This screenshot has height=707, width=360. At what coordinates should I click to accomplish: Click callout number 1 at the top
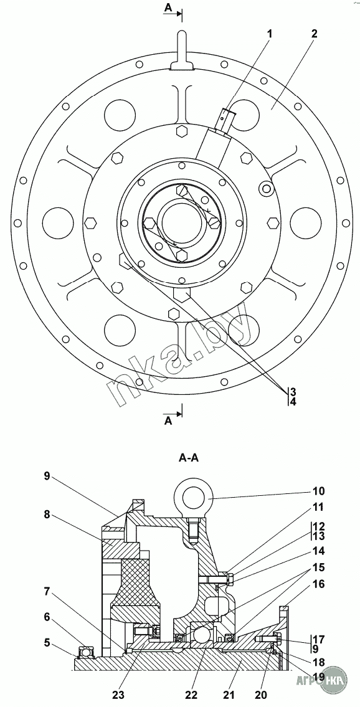270,33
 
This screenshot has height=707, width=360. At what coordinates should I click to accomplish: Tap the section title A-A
189,458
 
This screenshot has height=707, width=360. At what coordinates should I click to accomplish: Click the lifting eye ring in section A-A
193,497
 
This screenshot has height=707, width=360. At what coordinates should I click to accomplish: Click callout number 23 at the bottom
119,695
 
